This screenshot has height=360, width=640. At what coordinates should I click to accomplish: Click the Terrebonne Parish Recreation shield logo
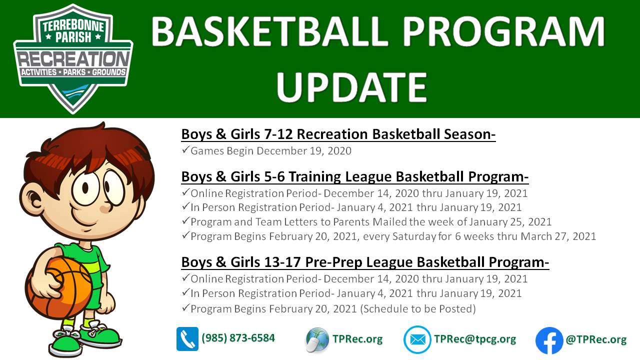pyautogui.click(x=73, y=58)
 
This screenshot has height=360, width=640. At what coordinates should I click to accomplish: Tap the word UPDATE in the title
pyautogui.click(x=351, y=87)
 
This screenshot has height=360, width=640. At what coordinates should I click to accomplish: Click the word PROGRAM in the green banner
pyautogui.click(x=504, y=31)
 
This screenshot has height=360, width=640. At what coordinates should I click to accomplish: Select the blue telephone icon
pyautogui.click(x=187, y=339)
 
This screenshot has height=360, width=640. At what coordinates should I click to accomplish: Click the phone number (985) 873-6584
pyautogui.click(x=238, y=338)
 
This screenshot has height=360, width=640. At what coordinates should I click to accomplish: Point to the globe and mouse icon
pyautogui.click(x=317, y=339)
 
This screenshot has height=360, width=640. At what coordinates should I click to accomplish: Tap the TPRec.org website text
pyautogui.click(x=357, y=339)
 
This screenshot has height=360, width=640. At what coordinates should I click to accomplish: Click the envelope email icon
pyautogui.click(x=417, y=339)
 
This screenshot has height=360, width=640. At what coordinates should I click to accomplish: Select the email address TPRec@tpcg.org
pyautogui.click(x=475, y=339)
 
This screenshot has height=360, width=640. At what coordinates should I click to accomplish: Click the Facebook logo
pyautogui.click(x=549, y=340)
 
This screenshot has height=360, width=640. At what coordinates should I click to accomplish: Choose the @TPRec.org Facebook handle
pyautogui.click(x=596, y=339)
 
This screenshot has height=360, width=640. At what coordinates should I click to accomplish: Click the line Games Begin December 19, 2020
pyautogui.click(x=270, y=151)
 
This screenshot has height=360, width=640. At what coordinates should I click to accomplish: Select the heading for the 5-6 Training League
pyautogui.click(x=355, y=176)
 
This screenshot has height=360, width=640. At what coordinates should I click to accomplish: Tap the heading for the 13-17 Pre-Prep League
pyautogui.click(x=365, y=262)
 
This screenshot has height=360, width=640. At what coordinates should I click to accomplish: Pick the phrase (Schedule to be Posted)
pyautogui.click(x=417, y=309)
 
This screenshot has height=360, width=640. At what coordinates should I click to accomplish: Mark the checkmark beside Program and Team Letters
pyautogui.click(x=185, y=221)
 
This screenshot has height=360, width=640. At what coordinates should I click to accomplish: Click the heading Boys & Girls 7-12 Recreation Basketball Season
pyautogui.click(x=338, y=134)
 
